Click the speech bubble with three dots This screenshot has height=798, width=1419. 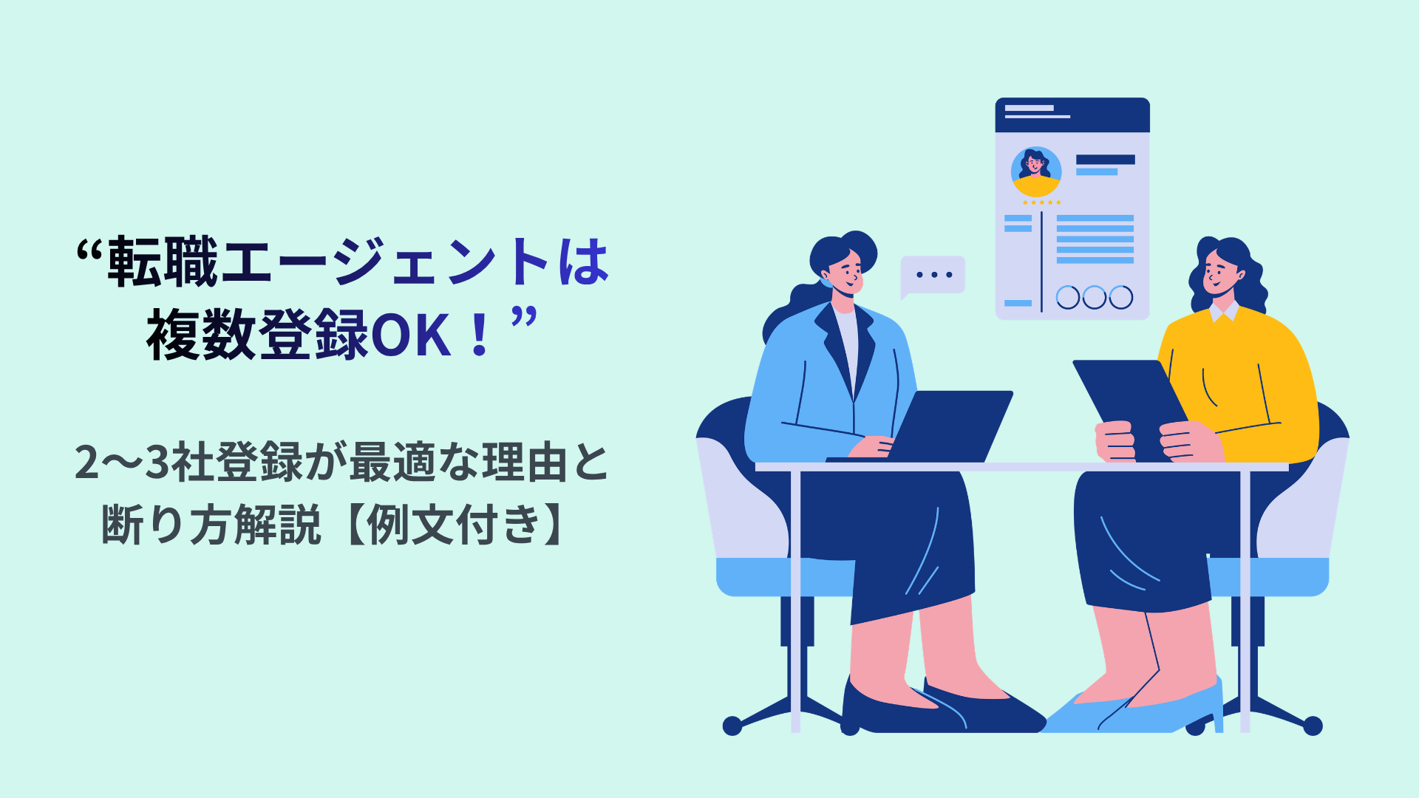click(x=933, y=275)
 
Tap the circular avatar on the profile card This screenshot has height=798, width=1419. click(x=1035, y=172)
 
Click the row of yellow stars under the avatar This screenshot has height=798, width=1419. click(x=1041, y=202)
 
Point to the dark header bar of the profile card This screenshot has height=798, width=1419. click(x=1072, y=115)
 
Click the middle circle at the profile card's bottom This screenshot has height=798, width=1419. click(x=1094, y=297)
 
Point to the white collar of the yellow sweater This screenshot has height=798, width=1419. click(x=1224, y=312)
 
